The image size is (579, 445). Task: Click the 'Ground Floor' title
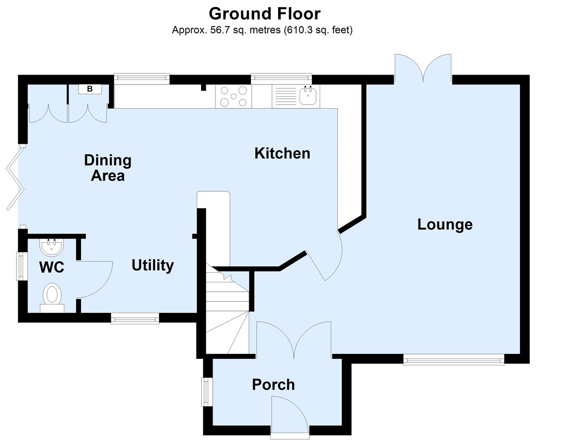(265, 14)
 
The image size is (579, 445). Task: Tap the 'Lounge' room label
(445, 225)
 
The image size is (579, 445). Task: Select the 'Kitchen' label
(282, 153)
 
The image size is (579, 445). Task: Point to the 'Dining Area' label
(108, 168)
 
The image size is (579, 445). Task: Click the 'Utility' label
(152, 265)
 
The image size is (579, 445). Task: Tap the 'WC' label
(52, 267)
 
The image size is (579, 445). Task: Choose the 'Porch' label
(273, 385)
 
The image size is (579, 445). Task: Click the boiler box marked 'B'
(89, 89)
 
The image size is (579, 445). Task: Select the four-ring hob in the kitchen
(233, 96)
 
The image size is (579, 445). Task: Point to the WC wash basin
(52, 247)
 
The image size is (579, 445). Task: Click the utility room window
(135, 319)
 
